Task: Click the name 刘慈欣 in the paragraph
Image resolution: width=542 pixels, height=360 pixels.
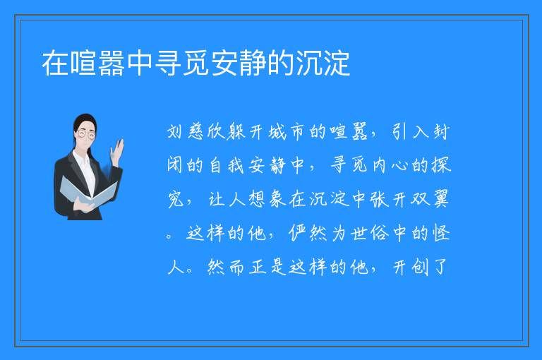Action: coord(196,132)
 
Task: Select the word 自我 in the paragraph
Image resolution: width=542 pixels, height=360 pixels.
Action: coord(227,165)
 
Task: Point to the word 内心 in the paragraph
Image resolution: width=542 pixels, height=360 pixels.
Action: coord(390,165)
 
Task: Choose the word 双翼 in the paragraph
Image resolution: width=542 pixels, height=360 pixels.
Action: coord(430,199)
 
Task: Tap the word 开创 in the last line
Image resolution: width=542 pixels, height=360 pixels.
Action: coord(409,267)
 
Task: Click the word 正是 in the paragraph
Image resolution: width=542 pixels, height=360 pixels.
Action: coord(267,267)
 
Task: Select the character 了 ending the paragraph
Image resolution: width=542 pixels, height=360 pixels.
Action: coord(440,267)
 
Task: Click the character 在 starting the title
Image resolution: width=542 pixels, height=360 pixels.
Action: coord(54,63)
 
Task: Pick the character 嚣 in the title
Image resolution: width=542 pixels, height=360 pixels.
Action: coord(112,63)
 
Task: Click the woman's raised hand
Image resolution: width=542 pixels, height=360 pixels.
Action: coord(117,152)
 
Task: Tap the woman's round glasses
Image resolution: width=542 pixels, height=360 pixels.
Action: coord(86,133)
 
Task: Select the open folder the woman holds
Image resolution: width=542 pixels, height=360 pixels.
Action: coord(88,192)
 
